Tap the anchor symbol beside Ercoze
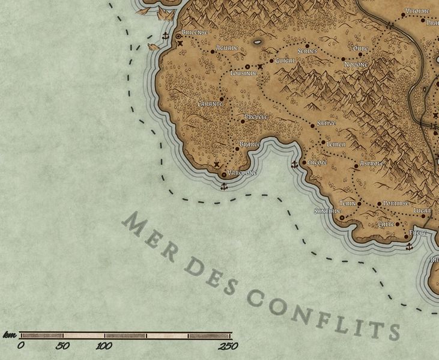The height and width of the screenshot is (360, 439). [294, 165]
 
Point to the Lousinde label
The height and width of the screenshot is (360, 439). [244, 73]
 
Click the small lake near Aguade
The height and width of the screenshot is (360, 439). [258, 42]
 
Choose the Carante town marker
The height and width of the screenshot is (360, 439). [222, 99]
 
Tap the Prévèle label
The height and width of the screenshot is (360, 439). [256, 117]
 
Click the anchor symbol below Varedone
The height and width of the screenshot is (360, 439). [224, 187]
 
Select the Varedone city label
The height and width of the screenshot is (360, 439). [243, 173]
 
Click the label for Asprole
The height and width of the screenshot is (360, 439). [372, 163]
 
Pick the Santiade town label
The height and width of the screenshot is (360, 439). [327, 212]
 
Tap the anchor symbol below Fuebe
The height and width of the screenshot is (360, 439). [409, 247]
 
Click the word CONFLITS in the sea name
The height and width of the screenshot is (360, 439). [324, 313]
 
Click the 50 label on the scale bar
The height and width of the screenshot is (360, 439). [62, 346]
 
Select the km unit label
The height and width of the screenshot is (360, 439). [9, 335]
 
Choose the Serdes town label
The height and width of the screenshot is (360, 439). [307, 52]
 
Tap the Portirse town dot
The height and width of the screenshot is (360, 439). [379, 204]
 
